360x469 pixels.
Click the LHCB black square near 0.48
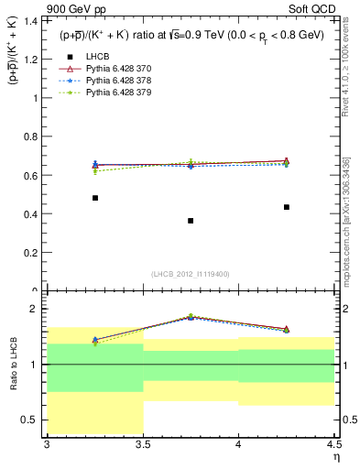pyautogui.click(x=94, y=198)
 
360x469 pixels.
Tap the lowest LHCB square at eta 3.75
pyautogui.click(x=191, y=221)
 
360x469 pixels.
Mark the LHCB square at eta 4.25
pyautogui.click(x=287, y=207)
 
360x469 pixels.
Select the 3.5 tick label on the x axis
pyautogui.click(x=143, y=443)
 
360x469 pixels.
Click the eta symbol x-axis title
pyautogui.click(x=335, y=455)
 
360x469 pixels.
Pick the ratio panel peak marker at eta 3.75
pyautogui.click(x=191, y=317)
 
